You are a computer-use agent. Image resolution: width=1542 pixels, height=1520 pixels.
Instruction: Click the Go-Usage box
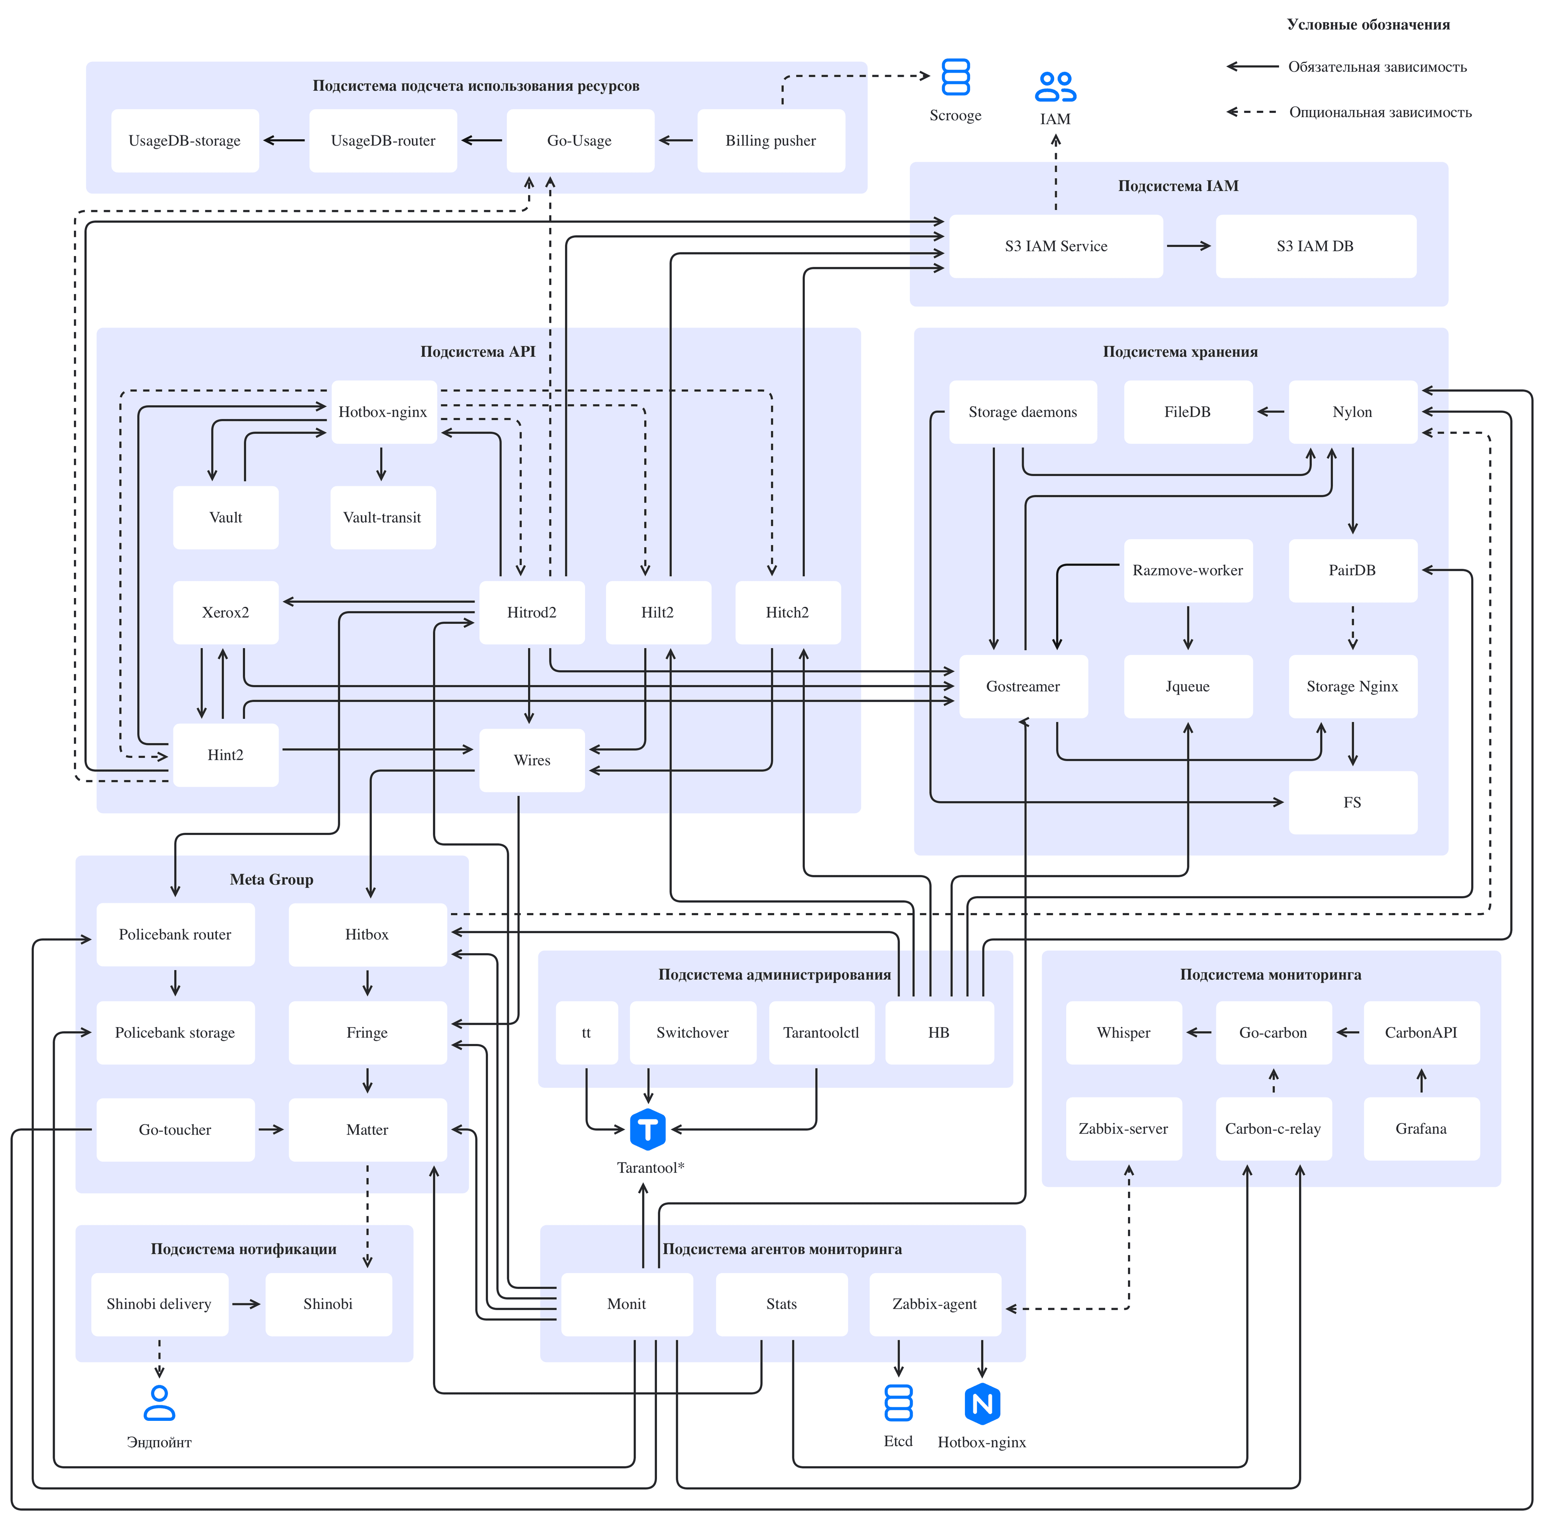[580, 140]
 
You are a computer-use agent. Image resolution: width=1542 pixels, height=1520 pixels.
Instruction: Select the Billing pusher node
[771, 140]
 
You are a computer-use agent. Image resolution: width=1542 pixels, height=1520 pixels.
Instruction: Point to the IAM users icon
[1055, 87]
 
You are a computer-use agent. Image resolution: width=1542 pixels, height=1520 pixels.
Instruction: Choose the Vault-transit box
[383, 517]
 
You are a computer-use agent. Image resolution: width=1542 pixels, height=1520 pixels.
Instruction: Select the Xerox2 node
[226, 612]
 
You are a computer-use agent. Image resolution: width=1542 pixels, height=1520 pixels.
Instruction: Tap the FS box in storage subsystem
[1353, 802]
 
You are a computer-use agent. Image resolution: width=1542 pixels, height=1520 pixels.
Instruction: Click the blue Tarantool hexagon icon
[647, 1129]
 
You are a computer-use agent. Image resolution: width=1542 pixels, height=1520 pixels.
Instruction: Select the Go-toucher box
[175, 1129]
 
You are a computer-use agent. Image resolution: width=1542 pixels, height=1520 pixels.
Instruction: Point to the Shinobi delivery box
[160, 1304]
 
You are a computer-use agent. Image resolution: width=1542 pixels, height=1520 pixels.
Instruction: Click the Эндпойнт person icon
[160, 1402]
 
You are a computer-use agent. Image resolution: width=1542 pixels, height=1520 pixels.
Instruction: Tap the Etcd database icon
[899, 1403]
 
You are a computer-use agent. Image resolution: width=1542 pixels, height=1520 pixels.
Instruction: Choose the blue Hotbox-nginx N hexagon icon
[983, 1404]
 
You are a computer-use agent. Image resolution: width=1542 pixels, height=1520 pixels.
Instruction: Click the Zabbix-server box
[1124, 1128]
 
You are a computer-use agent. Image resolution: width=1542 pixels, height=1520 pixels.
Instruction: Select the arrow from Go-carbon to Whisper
[1199, 1032]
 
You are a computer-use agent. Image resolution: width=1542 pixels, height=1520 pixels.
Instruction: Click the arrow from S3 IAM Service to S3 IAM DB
[1189, 246]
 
